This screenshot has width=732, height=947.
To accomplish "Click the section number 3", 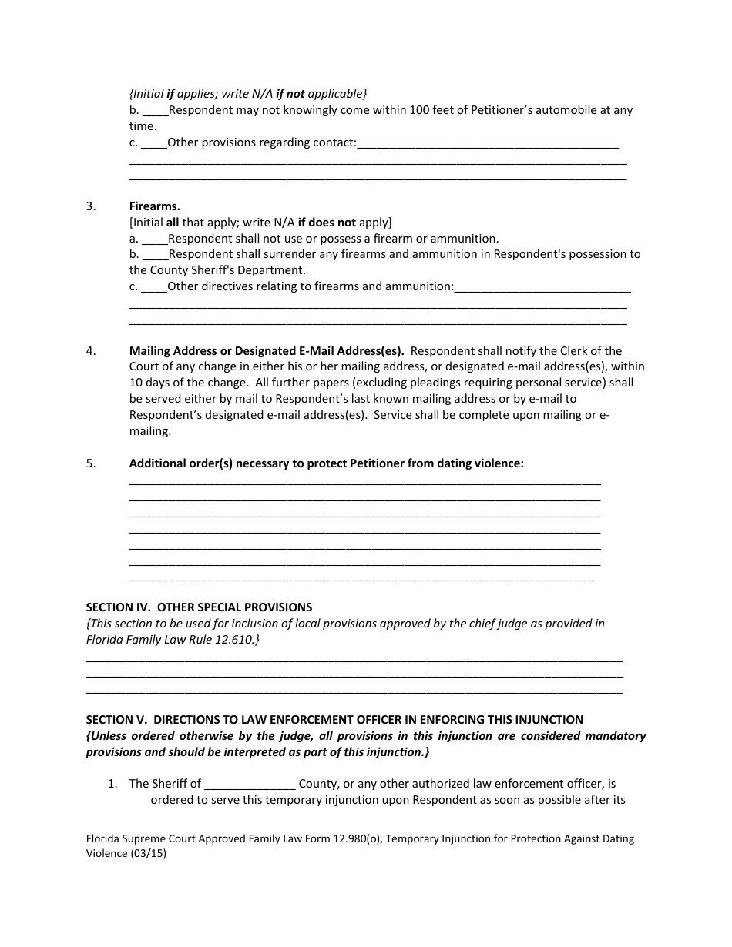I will tap(91, 206).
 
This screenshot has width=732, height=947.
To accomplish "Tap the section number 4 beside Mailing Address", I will tap(91, 351).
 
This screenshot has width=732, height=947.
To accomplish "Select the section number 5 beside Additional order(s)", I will tap(91, 463).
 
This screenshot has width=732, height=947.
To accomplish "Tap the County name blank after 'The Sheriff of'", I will tap(250, 784).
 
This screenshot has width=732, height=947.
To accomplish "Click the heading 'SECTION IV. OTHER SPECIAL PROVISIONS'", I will tap(199, 607).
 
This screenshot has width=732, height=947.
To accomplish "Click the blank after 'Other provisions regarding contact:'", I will tap(488, 142).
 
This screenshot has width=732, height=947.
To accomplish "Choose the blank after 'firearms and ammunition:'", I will tap(542, 286).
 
